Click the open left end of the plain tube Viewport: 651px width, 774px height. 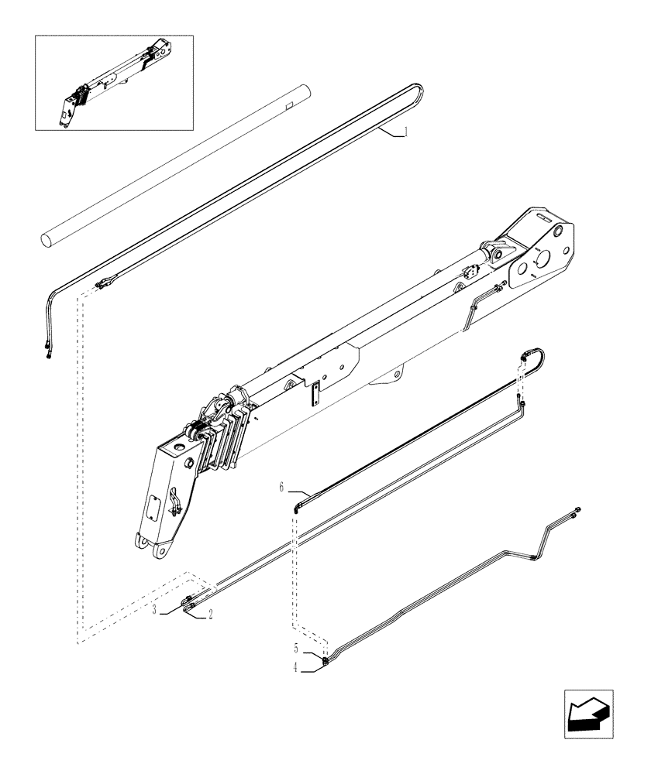pos(49,238)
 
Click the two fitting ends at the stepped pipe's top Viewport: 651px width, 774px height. pos(576,510)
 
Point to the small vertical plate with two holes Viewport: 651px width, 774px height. pos(316,395)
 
